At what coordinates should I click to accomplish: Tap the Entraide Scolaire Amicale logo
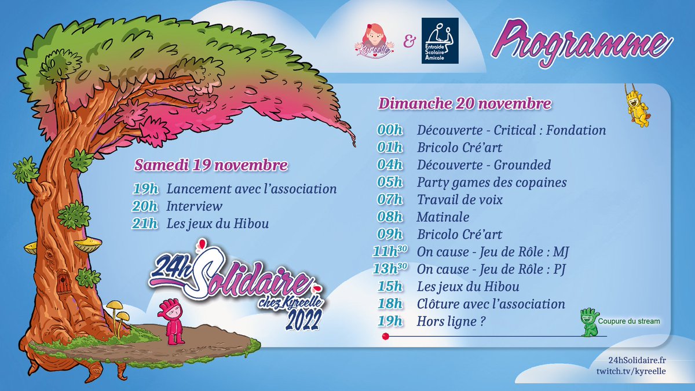(440, 41)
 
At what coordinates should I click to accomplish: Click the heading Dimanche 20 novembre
(464, 105)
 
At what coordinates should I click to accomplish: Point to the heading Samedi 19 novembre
(211, 165)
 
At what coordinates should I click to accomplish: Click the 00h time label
(389, 130)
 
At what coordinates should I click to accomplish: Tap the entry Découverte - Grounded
(484, 165)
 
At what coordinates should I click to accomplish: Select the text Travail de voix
(459, 200)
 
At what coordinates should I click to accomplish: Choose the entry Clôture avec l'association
(490, 304)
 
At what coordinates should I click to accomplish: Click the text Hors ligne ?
(451, 321)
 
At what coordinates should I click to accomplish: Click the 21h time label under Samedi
(144, 224)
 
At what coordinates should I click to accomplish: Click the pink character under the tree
(172, 321)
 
